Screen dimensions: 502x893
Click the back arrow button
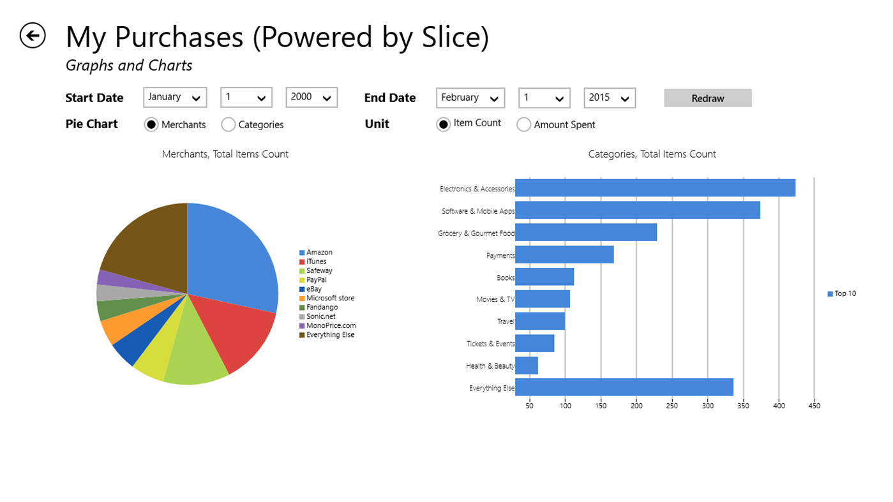[33, 36]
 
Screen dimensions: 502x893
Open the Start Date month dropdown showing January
[175, 98]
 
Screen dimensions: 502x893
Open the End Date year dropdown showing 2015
[609, 98]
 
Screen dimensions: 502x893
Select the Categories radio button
[229, 125]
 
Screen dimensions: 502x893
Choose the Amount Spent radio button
[523, 125]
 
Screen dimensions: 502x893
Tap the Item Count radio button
[444, 124]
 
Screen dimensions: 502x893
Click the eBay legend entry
[313, 289]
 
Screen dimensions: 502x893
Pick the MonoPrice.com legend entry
[330, 325]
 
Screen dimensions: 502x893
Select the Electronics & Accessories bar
[654, 188]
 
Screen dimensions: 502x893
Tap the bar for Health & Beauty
[527, 365]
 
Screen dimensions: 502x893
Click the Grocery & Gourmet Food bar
[585, 233]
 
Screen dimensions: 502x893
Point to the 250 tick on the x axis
[672, 405]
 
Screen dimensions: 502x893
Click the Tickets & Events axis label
[490, 344]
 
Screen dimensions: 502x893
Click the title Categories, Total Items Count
[652, 154]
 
